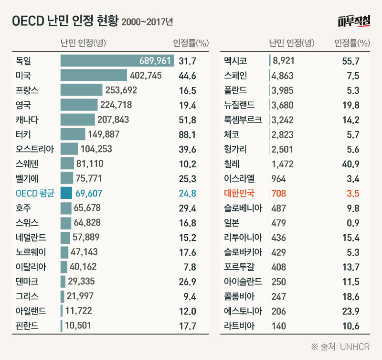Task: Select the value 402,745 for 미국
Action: tap(146, 76)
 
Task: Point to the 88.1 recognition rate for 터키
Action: tap(187, 134)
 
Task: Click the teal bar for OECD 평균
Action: tap(66, 193)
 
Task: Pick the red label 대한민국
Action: tap(240, 194)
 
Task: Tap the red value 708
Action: tap(278, 194)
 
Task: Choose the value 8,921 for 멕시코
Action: tap(282, 61)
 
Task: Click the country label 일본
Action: tap(232, 223)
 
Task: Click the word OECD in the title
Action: tap(27, 22)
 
